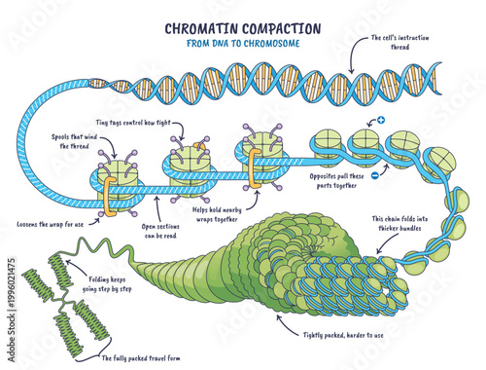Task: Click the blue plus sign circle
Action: click(x=382, y=121)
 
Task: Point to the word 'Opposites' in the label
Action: click(x=322, y=183)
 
